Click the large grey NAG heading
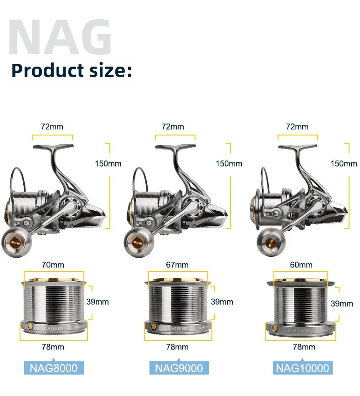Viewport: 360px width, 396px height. click(60, 37)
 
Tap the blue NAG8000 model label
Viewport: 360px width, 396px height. click(54, 368)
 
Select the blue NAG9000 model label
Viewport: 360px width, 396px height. click(179, 368)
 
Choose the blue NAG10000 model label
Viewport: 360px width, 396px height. click(303, 368)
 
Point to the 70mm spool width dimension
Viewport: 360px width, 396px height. click(53, 265)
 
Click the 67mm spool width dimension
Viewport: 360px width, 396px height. click(177, 265)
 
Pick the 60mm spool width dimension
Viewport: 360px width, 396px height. click(301, 265)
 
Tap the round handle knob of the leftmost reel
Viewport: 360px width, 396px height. click(17, 242)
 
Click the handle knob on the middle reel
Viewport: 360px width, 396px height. click(139, 242)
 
